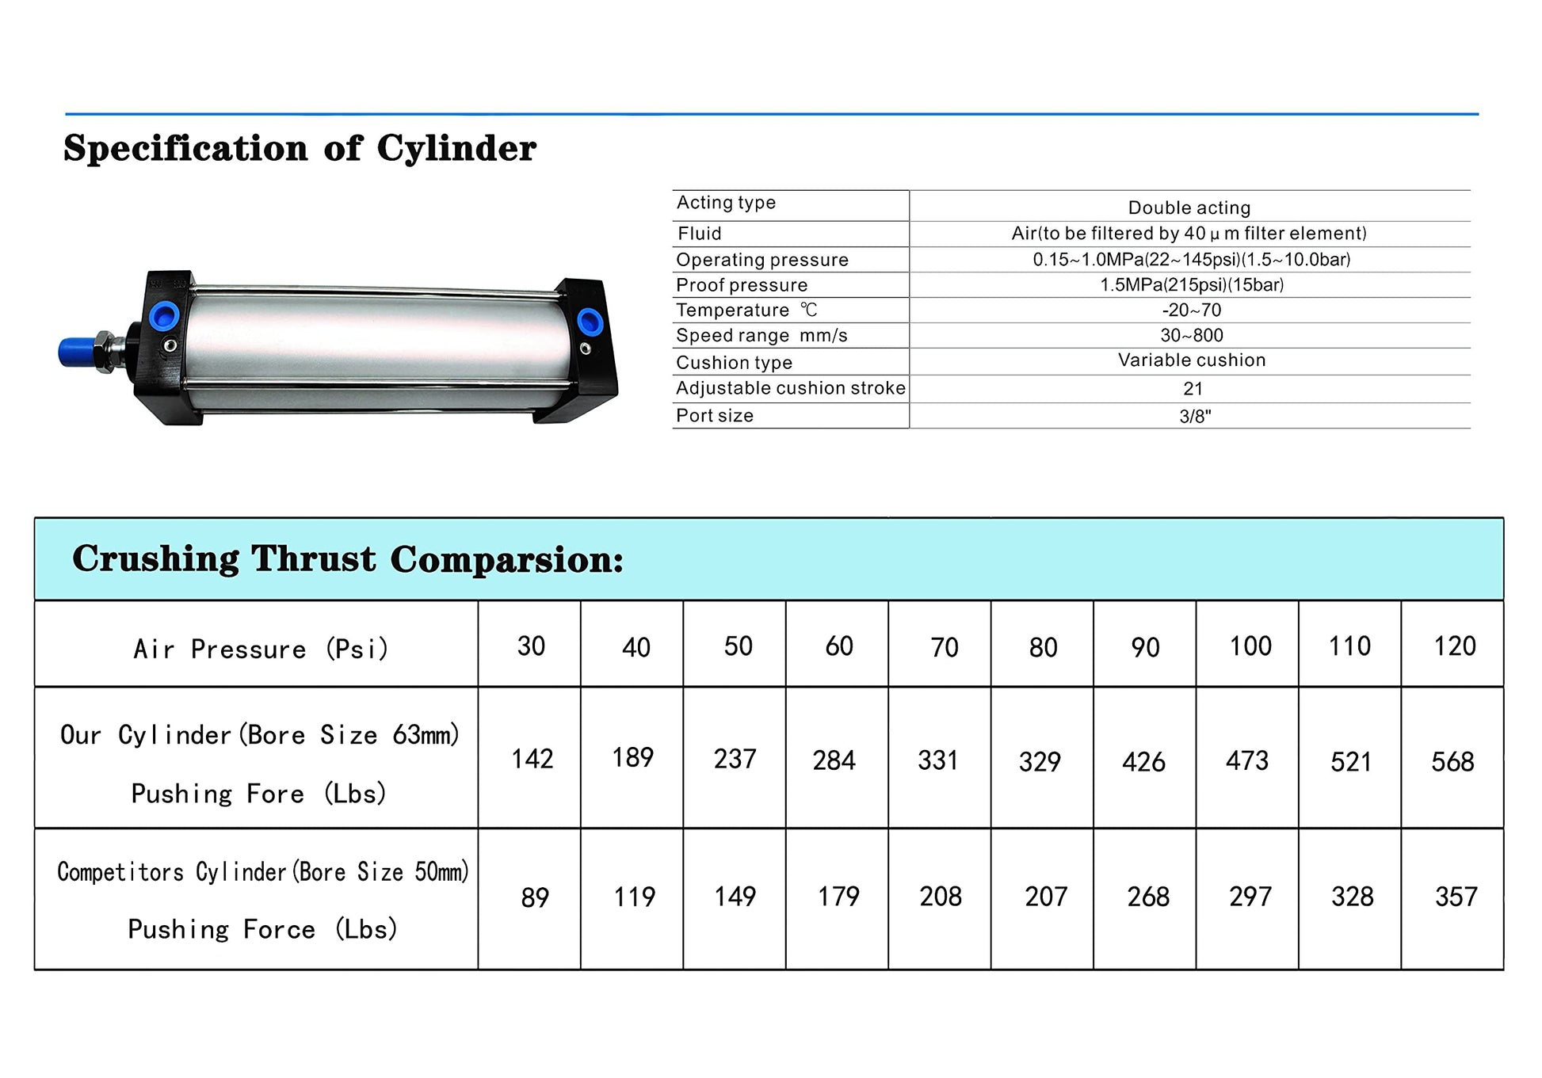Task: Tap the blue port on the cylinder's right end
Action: [x=590, y=322]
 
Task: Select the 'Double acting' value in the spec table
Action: [x=1189, y=208]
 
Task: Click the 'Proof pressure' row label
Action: [x=742, y=285]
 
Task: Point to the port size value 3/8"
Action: [x=1195, y=417]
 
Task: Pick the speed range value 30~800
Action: [x=1192, y=336]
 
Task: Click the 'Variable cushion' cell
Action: [x=1192, y=360]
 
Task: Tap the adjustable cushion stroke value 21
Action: [x=1193, y=389]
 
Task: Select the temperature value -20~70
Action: [x=1192, y=310]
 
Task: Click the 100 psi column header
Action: [x=1250, y=646]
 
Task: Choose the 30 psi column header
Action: [x=531, y=646]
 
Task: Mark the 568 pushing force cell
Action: [x=1452, y=762]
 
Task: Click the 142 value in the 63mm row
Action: [x=532, y=759]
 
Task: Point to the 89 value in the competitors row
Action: [x=535, y=897]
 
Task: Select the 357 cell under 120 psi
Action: [x=1456, y=897]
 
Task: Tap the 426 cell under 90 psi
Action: [x=1143, y=762]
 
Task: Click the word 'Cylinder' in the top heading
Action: [x=456, y=148]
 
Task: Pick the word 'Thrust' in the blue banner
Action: [x=314, y=558]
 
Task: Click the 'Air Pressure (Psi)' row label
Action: [x=260, y=649]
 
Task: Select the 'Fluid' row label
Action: [x=700, y=234]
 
